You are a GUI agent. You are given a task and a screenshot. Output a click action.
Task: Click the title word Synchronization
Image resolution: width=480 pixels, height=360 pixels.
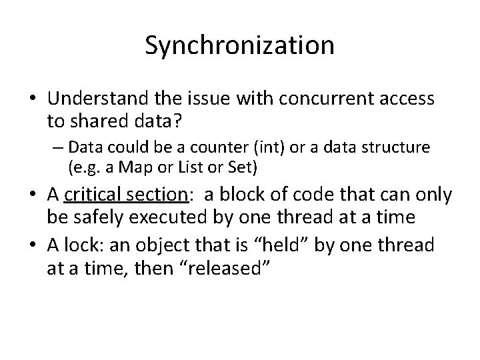pos(239,45)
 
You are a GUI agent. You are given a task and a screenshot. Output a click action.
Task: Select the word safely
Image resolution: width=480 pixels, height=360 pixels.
pos(91,217)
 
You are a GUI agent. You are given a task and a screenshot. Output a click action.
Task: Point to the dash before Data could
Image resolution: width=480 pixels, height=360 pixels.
pos(57,147)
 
